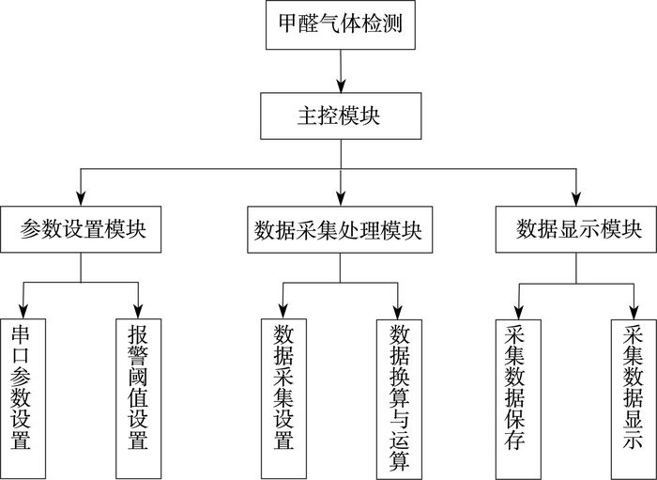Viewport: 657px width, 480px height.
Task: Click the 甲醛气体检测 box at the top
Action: (340, 24)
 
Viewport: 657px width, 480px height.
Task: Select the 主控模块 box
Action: (341, 116)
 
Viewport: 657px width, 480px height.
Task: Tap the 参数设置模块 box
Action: (81, 229)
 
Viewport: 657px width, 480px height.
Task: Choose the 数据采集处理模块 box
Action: (340, 230)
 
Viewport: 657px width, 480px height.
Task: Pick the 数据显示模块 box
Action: (576, 229)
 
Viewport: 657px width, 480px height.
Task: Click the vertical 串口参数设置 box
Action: (23, 398)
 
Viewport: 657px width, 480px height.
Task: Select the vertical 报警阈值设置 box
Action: (138, 398)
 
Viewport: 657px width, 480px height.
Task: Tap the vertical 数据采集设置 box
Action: (283, 398)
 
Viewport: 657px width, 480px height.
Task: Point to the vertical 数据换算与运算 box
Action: (399, 399)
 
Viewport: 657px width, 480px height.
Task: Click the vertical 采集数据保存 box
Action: (518, 399)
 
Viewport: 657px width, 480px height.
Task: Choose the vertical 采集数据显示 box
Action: (634, 399)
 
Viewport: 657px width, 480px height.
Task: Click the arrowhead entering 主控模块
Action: (341, 85)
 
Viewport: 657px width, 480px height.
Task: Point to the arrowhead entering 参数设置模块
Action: (81, 199)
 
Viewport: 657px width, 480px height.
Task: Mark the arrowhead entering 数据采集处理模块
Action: (341, 199)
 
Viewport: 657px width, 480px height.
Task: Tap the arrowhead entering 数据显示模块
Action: (576, 199)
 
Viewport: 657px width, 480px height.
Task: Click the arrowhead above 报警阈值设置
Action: (138, 312)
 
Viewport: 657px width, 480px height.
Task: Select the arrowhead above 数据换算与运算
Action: (398, 313)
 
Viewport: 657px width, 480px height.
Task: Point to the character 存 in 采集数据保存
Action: (515, 440)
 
